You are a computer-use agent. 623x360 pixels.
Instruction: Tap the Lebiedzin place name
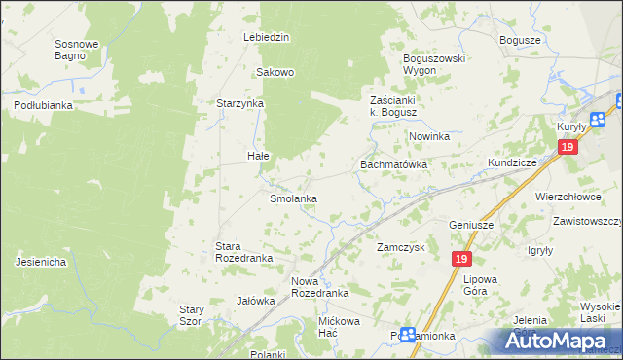pos(267,37)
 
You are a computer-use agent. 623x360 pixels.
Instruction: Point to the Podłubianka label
pos(44,104)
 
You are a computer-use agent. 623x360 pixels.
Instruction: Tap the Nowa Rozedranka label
pos(319,287)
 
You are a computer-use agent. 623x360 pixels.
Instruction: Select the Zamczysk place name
pos(401,248)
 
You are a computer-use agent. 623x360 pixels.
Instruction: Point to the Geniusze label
pos(471,225)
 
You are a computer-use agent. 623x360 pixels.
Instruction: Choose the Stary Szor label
pos(190,315)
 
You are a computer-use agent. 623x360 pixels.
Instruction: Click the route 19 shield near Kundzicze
pos(568,147)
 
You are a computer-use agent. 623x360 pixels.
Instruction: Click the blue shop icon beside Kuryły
pos(597,119)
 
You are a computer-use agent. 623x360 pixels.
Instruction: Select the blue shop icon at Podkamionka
pos(409,334)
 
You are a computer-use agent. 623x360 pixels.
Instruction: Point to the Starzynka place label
pos(240,102)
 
